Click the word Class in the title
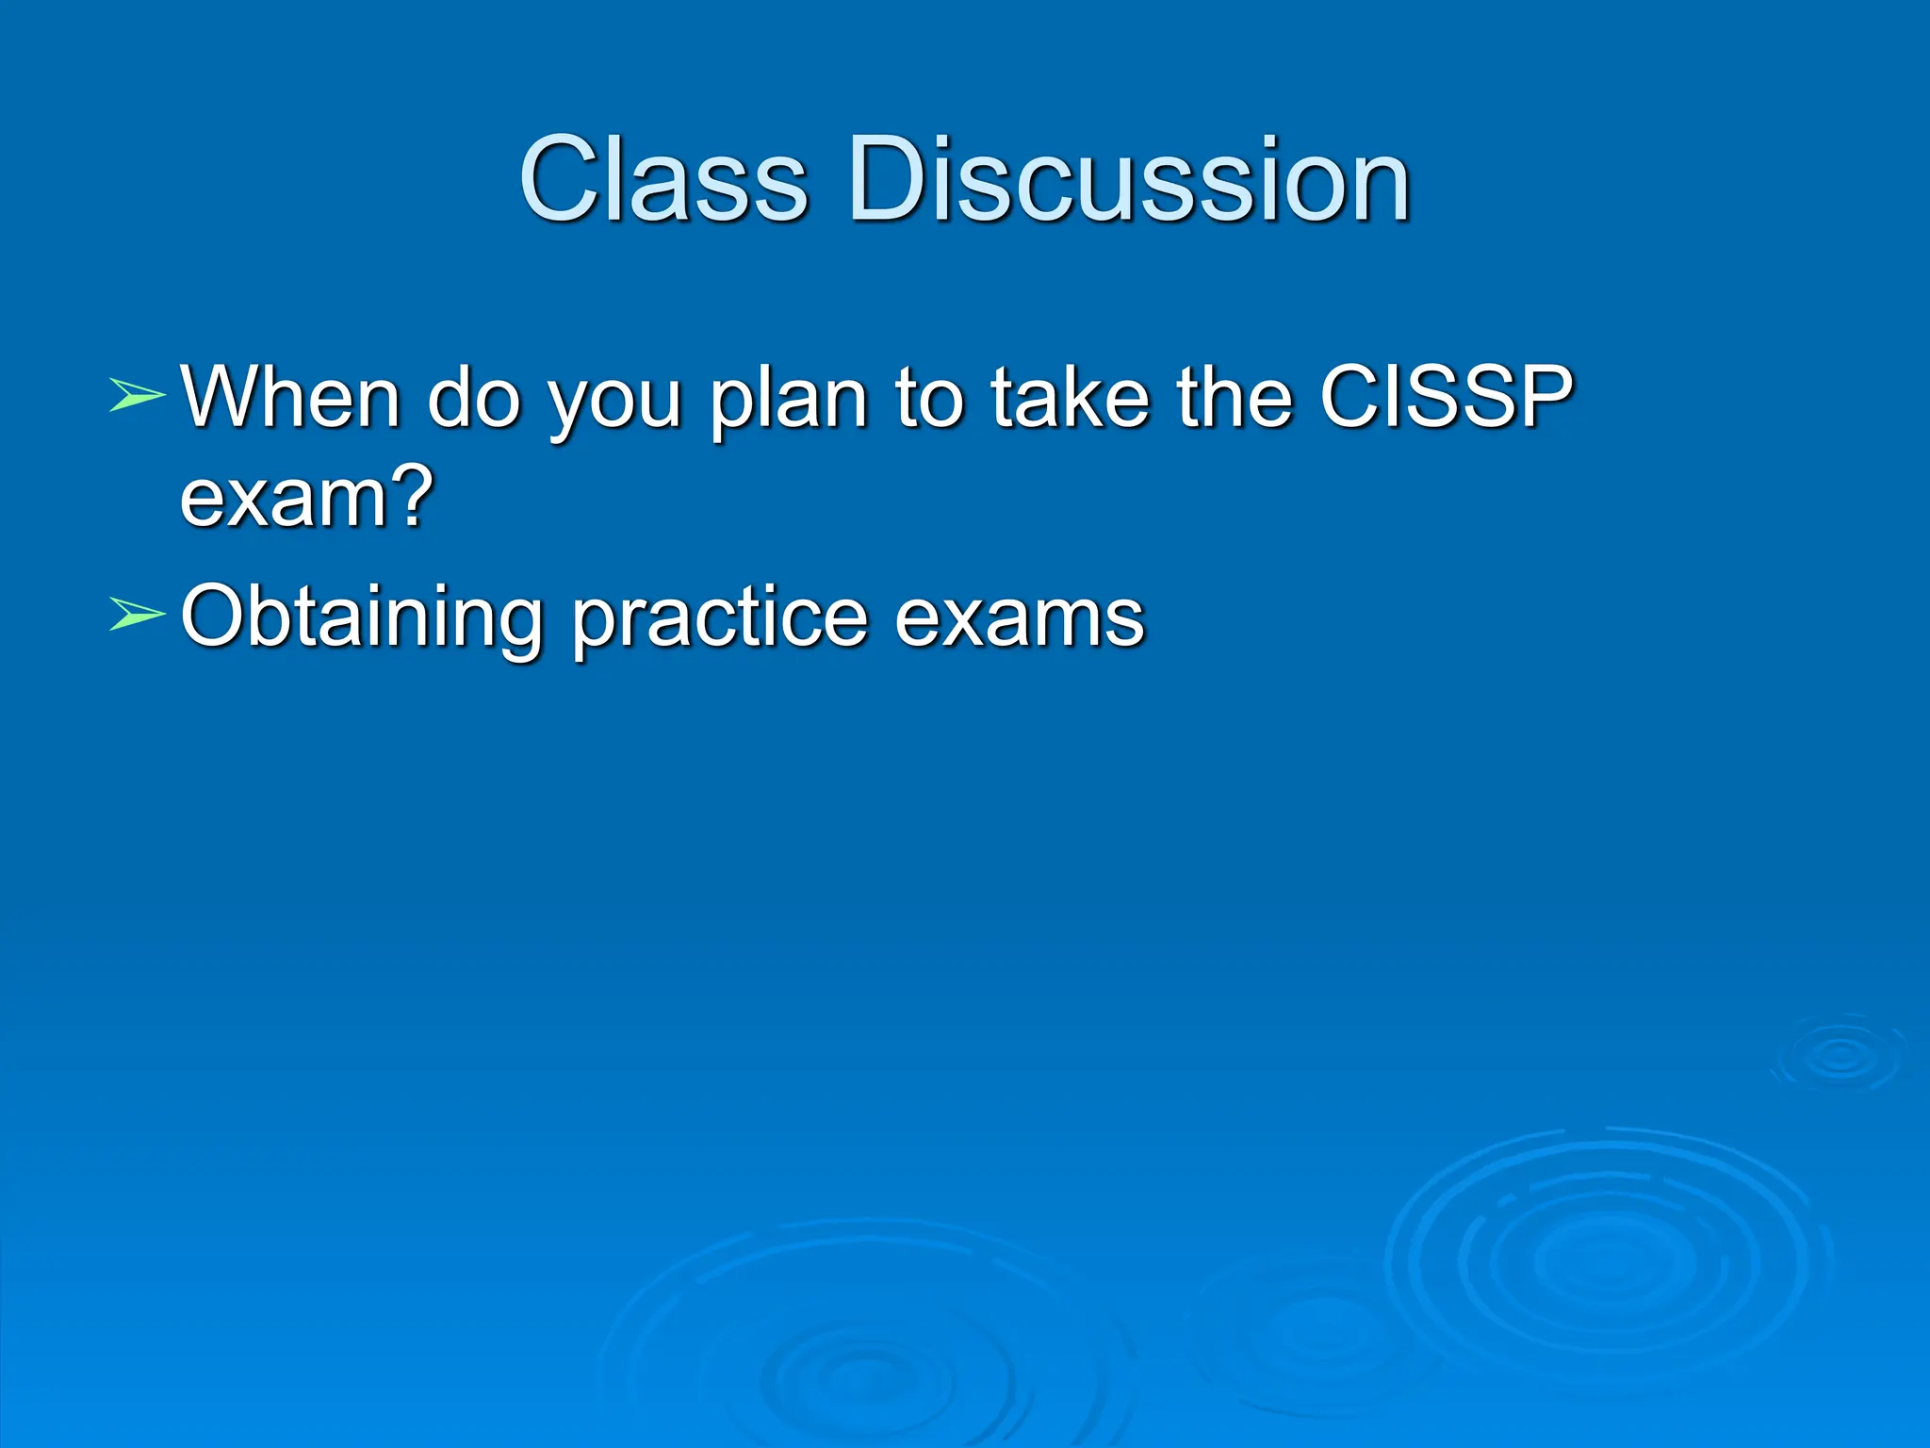pyautogui.click(x=663, y=179)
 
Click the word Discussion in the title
pyautogui.click(x=1128, y=179)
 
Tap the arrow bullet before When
pyautogui.click(x=137, y=395)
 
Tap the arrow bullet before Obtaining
pyautogui.click(x=137, y=614)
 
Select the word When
pyautogui.click(x=291, y=396)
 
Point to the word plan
pyautogui.click(x=788, y=401)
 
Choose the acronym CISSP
pyautogui.click(x=1446, y=396)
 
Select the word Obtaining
pyautogui.click(x=362, y=617)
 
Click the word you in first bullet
pyautogui.click(x=614, y=403)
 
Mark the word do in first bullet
pyautogui.click(x=474, y=396)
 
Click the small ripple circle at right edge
pyautogui.click(x=1839, y=1056)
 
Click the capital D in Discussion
pyautogui.click(x=891, y=179)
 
